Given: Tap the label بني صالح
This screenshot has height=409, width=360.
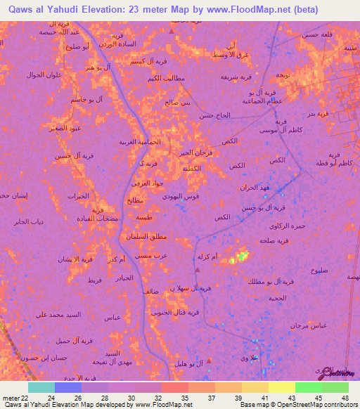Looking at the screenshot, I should [x=178, y=103].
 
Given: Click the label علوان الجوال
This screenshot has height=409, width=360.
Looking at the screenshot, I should [x=46, y=75].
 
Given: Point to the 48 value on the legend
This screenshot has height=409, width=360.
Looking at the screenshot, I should [x=345, y=397].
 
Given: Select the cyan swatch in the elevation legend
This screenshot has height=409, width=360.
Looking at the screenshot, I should [x=41, y=387].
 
